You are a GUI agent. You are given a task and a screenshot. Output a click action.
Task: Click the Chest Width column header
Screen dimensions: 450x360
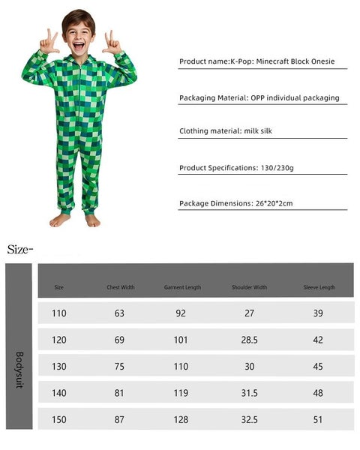coord(120,287)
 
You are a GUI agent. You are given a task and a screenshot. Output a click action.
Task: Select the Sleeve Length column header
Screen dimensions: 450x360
coord(318,287)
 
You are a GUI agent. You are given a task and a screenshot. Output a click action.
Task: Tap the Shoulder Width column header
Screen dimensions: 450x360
coord(250,287)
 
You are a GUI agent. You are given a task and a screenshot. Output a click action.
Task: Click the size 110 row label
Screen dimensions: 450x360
coord(59,313)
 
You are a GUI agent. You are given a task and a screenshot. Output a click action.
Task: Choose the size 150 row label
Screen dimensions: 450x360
coord(59,418)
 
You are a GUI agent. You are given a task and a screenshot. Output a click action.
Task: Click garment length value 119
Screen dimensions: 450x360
coord(181,392)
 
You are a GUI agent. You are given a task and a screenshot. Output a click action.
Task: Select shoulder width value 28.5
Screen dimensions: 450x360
coord(250,340)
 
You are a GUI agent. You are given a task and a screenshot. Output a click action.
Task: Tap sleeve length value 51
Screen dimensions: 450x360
coord(318,418)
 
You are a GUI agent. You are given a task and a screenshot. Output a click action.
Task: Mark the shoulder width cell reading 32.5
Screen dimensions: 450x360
coord(250,418)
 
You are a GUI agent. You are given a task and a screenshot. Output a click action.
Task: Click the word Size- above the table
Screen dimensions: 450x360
coord(21,249)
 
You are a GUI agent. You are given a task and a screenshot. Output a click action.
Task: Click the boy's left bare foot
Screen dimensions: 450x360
coord(92,220)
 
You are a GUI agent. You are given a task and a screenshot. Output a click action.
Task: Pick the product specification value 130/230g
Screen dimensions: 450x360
coord(277,168)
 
